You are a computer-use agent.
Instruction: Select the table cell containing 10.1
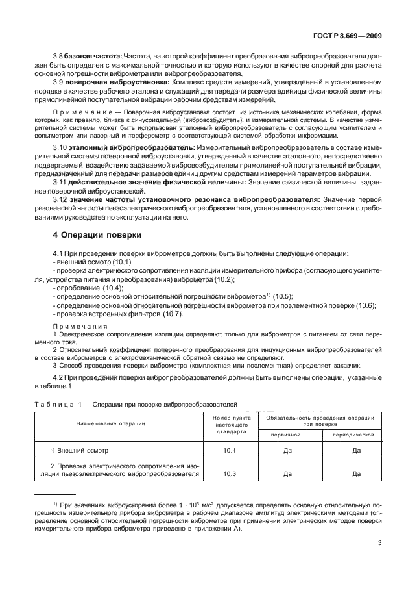click(230, 449)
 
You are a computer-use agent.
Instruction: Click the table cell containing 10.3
click(230, 474)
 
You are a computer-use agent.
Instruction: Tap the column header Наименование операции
click(119, 422)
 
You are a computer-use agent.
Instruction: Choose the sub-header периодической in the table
click(355, 434)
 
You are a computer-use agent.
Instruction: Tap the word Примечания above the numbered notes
click(75, 326)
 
